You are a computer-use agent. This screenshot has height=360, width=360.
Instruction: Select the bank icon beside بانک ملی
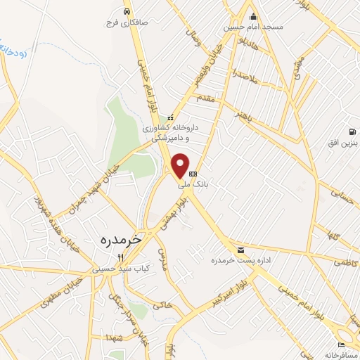tap(193, 174)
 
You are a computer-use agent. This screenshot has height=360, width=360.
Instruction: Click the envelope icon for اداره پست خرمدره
tap(242, 250)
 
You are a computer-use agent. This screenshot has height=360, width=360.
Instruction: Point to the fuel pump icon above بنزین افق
tap(352, 131)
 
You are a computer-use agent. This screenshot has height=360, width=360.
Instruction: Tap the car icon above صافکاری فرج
tap(126, 12)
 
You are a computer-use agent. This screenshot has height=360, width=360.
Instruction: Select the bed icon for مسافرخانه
tap(341, 345)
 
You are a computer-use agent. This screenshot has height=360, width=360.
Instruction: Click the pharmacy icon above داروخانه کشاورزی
tap(169, 118)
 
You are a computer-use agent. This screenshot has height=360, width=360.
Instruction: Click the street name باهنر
tap(244, 113)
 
